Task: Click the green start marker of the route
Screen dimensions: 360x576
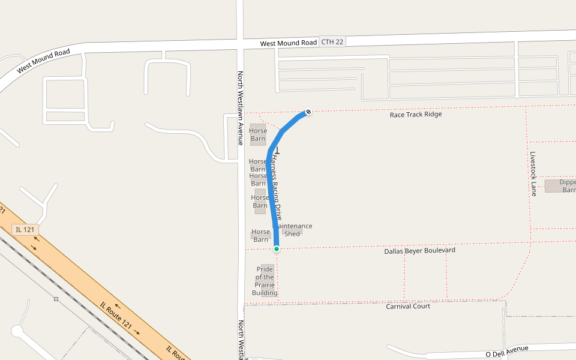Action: pos(277,248)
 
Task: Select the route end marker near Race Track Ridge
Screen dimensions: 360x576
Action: pos(308,112)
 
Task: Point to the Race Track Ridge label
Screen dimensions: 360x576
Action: pos(416,114)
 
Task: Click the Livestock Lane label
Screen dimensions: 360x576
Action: pos(533,173)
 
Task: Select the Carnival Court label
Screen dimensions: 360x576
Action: pos(408,307)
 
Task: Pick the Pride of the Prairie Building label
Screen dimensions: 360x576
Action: pos(265,281)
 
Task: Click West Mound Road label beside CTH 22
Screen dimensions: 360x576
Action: pos(288,44)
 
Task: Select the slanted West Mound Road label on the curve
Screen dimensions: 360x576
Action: pos(43,61)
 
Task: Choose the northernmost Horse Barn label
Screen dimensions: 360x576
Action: pos(258,135)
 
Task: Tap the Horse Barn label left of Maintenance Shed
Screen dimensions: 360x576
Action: pos(261,236)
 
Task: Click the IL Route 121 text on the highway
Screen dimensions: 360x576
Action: pos(115,314)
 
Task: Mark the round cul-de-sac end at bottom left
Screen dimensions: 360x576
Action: pos(17,331)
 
